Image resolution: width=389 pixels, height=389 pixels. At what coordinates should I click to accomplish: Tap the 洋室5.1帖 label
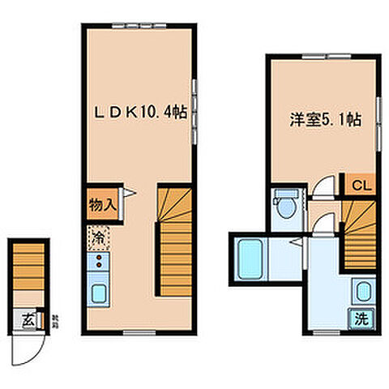point(324,122)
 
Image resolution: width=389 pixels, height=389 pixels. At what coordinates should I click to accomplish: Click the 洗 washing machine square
point(362,318)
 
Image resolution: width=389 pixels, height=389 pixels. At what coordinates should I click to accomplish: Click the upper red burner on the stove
point(99,257)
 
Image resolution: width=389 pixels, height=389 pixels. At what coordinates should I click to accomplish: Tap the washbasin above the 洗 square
point(362,293)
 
